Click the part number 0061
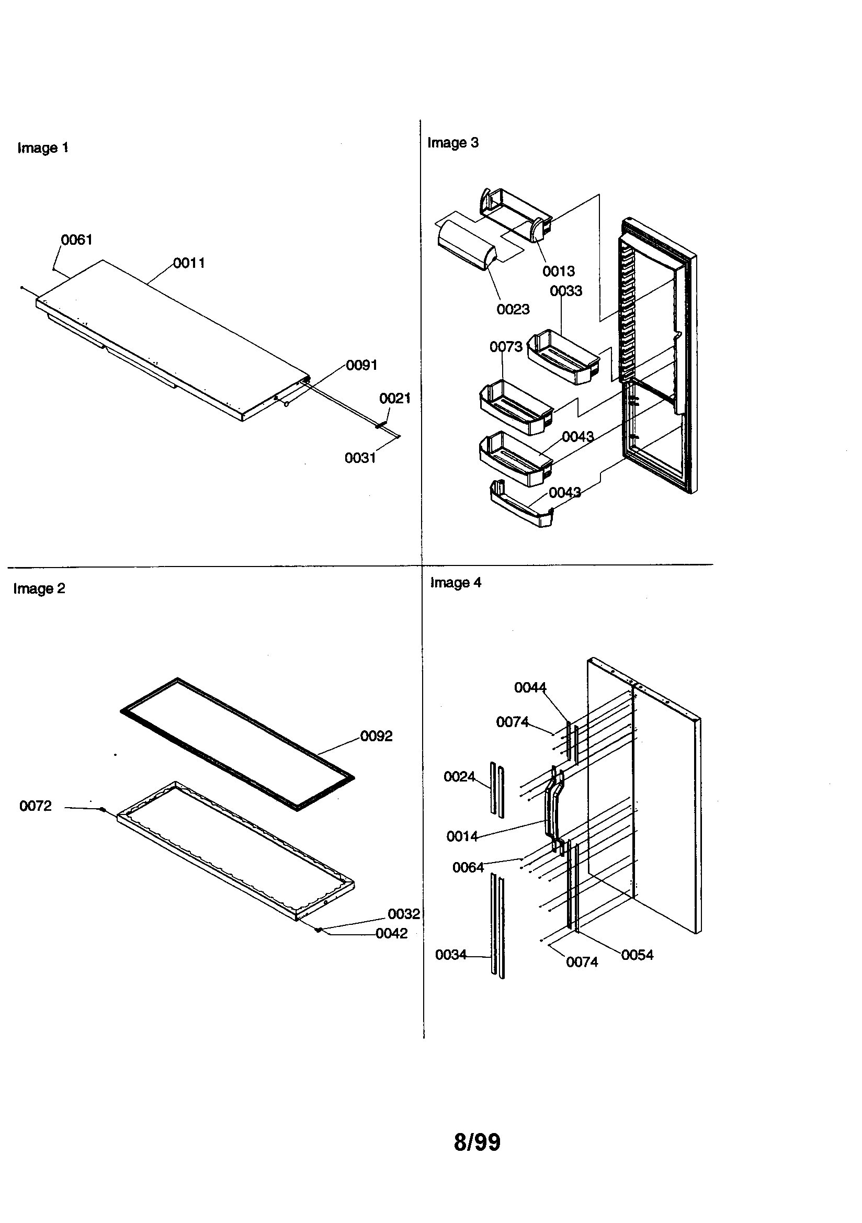(x=77, y=240)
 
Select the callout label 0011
(x=189, y=263)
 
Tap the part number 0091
(x=362, y=366)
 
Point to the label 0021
(x=395, y=399)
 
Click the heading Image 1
(x=42, y=148)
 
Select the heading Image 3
(x=453, y=143)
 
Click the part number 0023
(x=513, y=310)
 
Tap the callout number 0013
(x=558, y=271)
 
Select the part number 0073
(x=506, y=347)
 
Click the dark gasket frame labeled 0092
(x=237, y=743)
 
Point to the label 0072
(x=36, y=806)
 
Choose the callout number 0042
(x=392, y=933)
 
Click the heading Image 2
(x=39, y=588)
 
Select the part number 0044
(x=530, y=688)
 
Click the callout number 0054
(x=637, y=955)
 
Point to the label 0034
(x=451, y=955)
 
